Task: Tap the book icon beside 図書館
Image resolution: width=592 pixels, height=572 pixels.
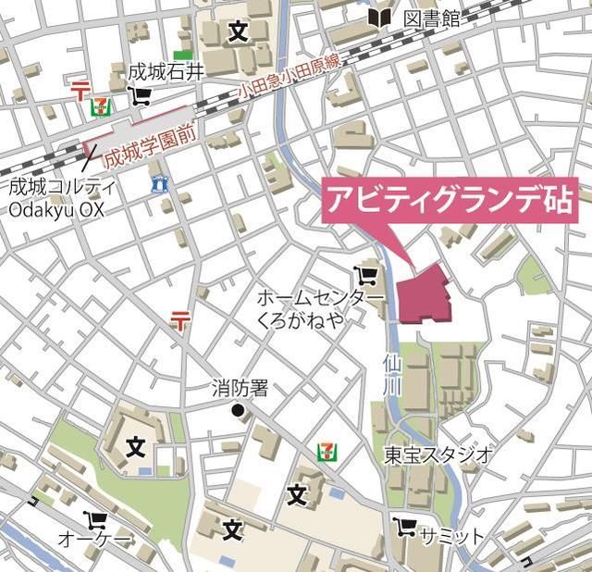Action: [378, 18]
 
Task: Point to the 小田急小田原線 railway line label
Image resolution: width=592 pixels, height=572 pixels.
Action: [288, 81]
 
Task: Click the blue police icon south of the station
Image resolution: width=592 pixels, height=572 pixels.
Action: [161, 184]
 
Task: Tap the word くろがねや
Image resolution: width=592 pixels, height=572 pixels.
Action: [301, 319]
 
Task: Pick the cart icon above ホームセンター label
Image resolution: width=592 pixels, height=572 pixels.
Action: [365, 275]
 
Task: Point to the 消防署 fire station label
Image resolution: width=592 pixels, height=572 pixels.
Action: [240, 388]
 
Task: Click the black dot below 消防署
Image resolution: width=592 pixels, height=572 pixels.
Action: [238, 410]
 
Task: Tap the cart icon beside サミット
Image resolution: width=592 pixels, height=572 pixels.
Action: [403, 528]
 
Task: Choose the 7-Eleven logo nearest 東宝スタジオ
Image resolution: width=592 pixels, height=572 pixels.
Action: [326, 452]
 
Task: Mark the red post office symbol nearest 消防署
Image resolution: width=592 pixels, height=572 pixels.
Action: [180, 321]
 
